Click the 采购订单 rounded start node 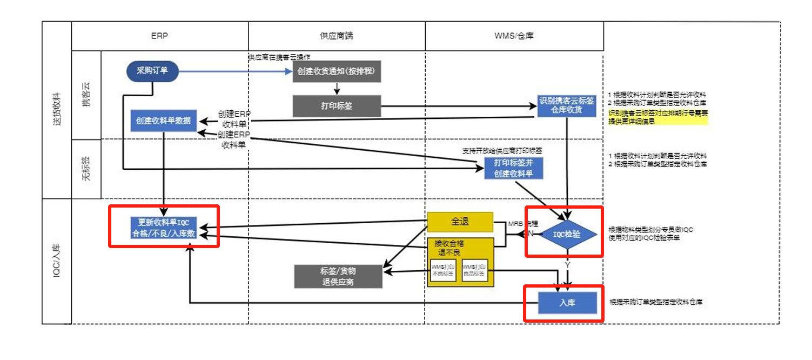click(152, 71)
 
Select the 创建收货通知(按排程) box click(337, 71)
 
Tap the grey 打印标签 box click(337, 105)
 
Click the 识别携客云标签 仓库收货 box click(566, 105)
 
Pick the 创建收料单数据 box click(164, 121)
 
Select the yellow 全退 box click(460, 222)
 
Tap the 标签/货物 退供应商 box click(338, 276)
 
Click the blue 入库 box click(567, 303)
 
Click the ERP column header click(160, 36)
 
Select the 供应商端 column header click(337, 36)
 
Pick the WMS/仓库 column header click(514, 36)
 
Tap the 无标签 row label click(86, 168)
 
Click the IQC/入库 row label click(57, 261)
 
